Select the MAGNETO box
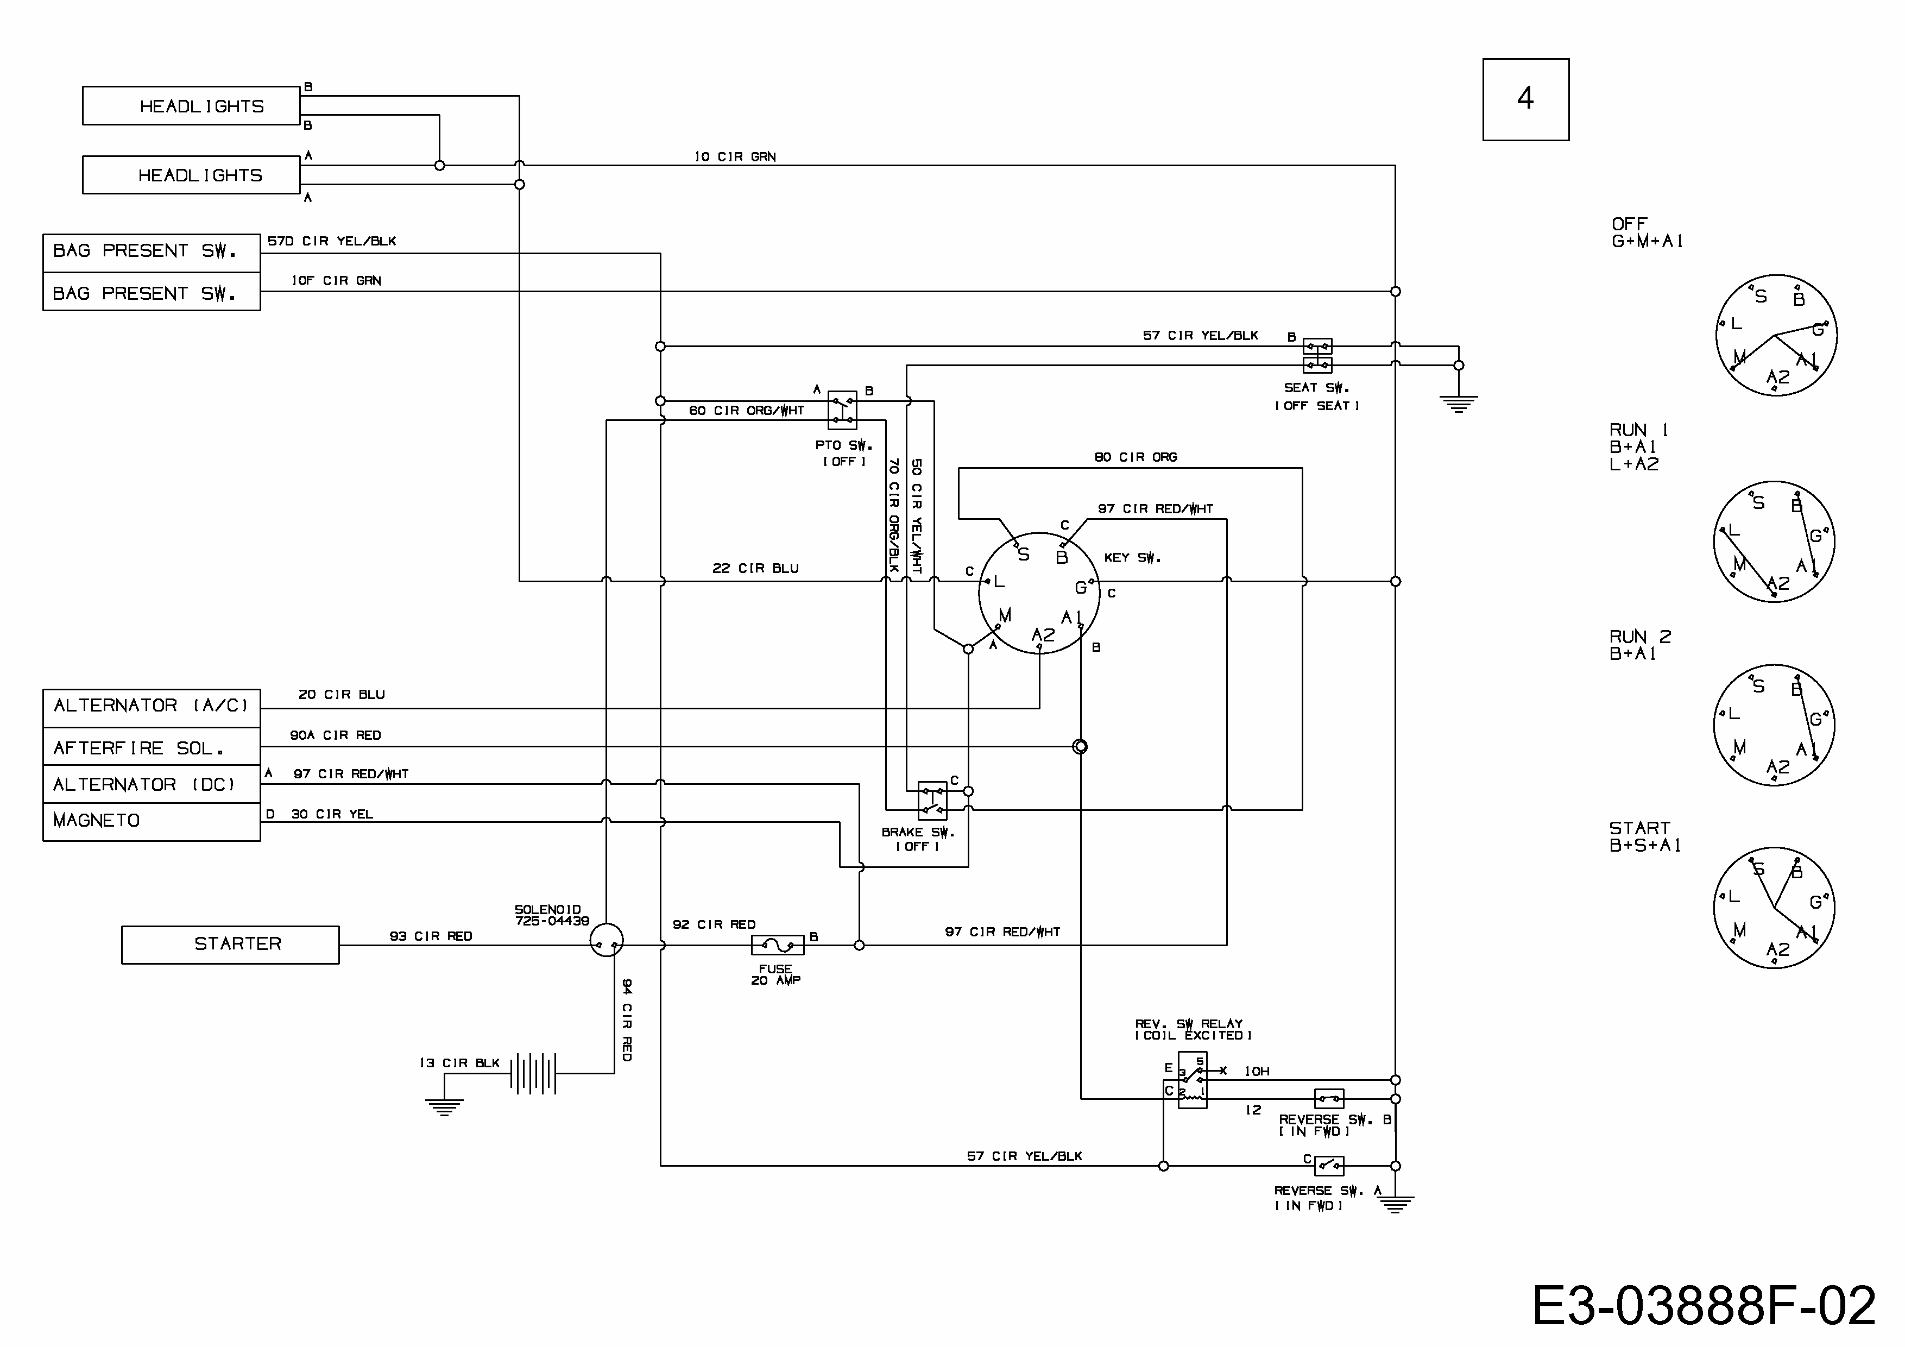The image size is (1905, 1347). (x=151, y=821)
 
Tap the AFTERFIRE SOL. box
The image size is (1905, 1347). (x=151, y=748)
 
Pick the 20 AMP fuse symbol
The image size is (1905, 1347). (x=778, y=945)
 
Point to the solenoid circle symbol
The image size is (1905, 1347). (x=607, y=940)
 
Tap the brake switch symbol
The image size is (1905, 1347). (x=932, y=800)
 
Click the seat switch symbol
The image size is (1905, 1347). (x=1317, y=355)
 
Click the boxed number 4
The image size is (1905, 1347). (x=1525, y=99)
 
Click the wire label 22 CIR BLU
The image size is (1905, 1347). (x=755, y=569)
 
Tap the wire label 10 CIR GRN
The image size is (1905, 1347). (x=735, y=157)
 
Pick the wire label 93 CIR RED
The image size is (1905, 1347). (x=431, y=936)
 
